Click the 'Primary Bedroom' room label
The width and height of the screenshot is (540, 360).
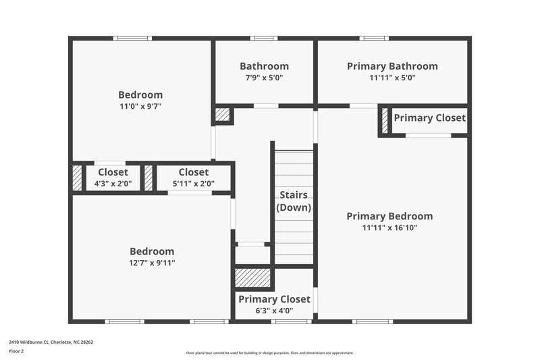pos(389,216)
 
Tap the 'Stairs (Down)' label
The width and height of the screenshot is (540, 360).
pos(294,201)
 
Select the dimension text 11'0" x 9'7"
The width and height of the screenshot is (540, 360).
pos(140,106)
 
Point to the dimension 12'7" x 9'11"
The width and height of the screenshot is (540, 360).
pos(152,263)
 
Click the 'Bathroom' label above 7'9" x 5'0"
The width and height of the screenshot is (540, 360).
pos(264,66)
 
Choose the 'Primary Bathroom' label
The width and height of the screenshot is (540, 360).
pos(392,66)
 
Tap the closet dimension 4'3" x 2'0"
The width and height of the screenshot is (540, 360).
pos(113,183)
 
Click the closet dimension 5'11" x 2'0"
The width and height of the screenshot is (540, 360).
pos(194,183)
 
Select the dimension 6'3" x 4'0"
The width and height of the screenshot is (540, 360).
pos(274,311)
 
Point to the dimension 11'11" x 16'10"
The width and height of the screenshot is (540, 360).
pos(389,228)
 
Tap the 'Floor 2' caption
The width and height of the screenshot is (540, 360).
pos(16,351)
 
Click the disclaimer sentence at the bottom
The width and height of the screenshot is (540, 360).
pos(270,353)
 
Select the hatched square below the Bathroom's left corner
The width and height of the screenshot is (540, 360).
pos(223,115)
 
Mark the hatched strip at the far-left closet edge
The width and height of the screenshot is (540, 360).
pos(77,177)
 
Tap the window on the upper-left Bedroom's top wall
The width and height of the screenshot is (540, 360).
pos(133,38)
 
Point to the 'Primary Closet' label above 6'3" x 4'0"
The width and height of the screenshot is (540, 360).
pos(274,299)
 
